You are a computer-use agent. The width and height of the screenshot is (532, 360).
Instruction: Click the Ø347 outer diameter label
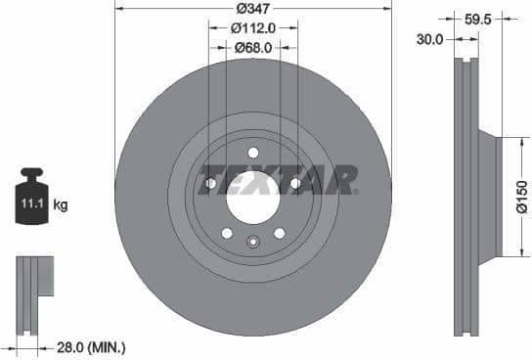253,10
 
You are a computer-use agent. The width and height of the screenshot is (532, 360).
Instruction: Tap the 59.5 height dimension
477,18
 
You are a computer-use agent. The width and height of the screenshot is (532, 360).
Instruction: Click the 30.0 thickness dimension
430,39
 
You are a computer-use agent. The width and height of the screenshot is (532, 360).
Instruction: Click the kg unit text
60,205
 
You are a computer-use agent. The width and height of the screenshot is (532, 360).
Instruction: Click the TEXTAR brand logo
278,181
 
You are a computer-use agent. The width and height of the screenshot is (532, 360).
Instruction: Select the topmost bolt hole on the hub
253,153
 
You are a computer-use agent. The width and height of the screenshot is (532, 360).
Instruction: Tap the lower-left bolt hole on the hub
227,233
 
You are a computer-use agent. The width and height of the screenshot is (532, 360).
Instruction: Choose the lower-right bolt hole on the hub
280,233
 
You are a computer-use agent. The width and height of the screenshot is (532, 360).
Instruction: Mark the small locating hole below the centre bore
253,242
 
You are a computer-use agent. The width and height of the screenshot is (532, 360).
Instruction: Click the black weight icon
30,201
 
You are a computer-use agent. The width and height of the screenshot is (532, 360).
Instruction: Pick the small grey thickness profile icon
32,284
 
